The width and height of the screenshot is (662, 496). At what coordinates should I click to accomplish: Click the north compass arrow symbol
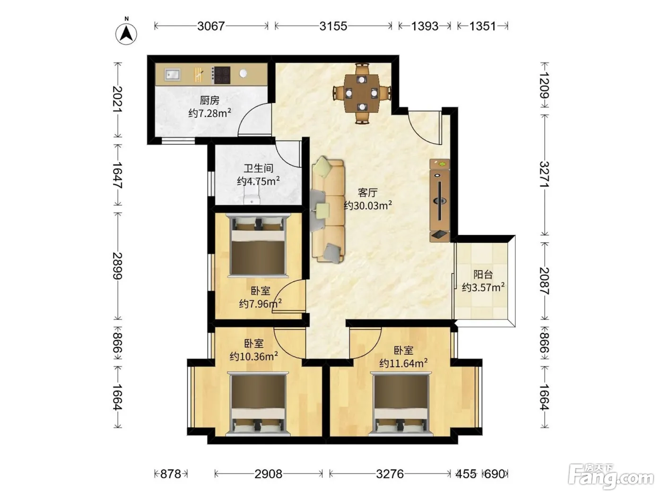point(126,34)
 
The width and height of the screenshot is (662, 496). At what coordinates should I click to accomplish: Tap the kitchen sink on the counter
point(172,74)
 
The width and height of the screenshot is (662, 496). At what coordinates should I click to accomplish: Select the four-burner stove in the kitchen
point(221,75)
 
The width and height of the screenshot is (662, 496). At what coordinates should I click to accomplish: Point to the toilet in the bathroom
point(252,194)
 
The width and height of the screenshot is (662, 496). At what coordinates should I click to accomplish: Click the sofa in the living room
point(328,210)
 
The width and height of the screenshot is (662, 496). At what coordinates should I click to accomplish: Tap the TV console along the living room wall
point(440,201)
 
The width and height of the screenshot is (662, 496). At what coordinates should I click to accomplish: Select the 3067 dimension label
point(211,26)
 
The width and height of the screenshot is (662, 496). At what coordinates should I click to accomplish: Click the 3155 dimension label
point(333,26)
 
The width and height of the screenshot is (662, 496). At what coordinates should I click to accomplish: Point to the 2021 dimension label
point(118,99)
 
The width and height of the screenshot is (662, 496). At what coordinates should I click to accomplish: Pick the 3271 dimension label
point(544,174)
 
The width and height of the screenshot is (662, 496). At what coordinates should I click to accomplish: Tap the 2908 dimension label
point(269,474)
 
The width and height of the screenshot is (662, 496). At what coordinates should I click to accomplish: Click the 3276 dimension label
point(390,474)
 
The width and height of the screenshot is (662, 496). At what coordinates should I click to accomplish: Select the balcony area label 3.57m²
point(483,287)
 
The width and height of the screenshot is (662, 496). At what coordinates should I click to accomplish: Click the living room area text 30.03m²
point(368,205)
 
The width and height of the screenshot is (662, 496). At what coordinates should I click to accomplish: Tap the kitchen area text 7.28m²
point(210,113)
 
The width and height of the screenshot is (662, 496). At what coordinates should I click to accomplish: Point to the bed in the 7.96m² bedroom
point(258,245)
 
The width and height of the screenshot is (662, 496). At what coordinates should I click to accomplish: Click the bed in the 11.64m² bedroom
point(401,404)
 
